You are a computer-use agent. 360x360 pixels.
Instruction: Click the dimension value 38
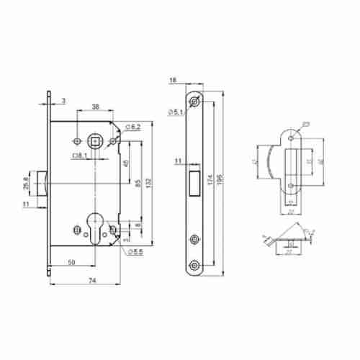click(x=96, y=107)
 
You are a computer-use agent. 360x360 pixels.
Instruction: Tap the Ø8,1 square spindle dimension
click(x=80, y=154)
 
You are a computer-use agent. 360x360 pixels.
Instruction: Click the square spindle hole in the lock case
click(x=94, y=140)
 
